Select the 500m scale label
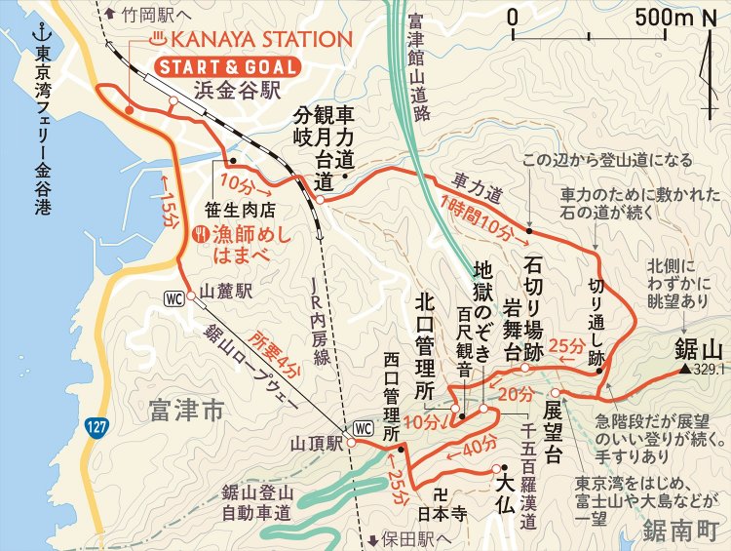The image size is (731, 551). tap(663, 17)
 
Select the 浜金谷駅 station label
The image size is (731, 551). tap(238, 93)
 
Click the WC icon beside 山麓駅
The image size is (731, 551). tap(175, 297)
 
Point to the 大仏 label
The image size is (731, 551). tap(513, 481)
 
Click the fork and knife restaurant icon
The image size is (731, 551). tap(200, 233)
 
